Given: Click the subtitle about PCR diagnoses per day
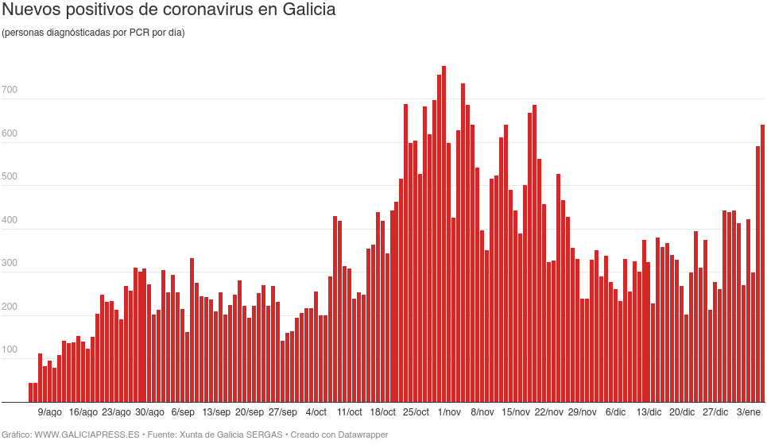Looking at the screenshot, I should tap(93, 33).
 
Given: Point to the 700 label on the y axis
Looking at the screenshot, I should tap(10, 91).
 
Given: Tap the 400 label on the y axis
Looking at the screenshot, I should tap(10, 220).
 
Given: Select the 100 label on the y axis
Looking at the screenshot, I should tap(10, 350).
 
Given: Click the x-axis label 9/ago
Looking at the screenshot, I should tap(49, 412).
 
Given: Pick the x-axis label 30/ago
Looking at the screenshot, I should tap(149, 412).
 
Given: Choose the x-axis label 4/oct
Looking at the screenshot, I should tap(316, 412).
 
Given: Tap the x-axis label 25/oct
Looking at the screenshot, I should tap(416, 412).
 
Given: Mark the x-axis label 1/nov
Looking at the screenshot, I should tap(449, 412).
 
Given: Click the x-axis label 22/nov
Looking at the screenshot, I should tap(549, 412).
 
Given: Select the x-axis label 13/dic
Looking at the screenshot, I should tap(649, 412).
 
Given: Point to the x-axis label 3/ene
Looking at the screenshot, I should tap(749, 412).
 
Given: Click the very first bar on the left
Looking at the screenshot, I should tap(30, 392).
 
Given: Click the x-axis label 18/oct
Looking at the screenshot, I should tap(382, 412).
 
